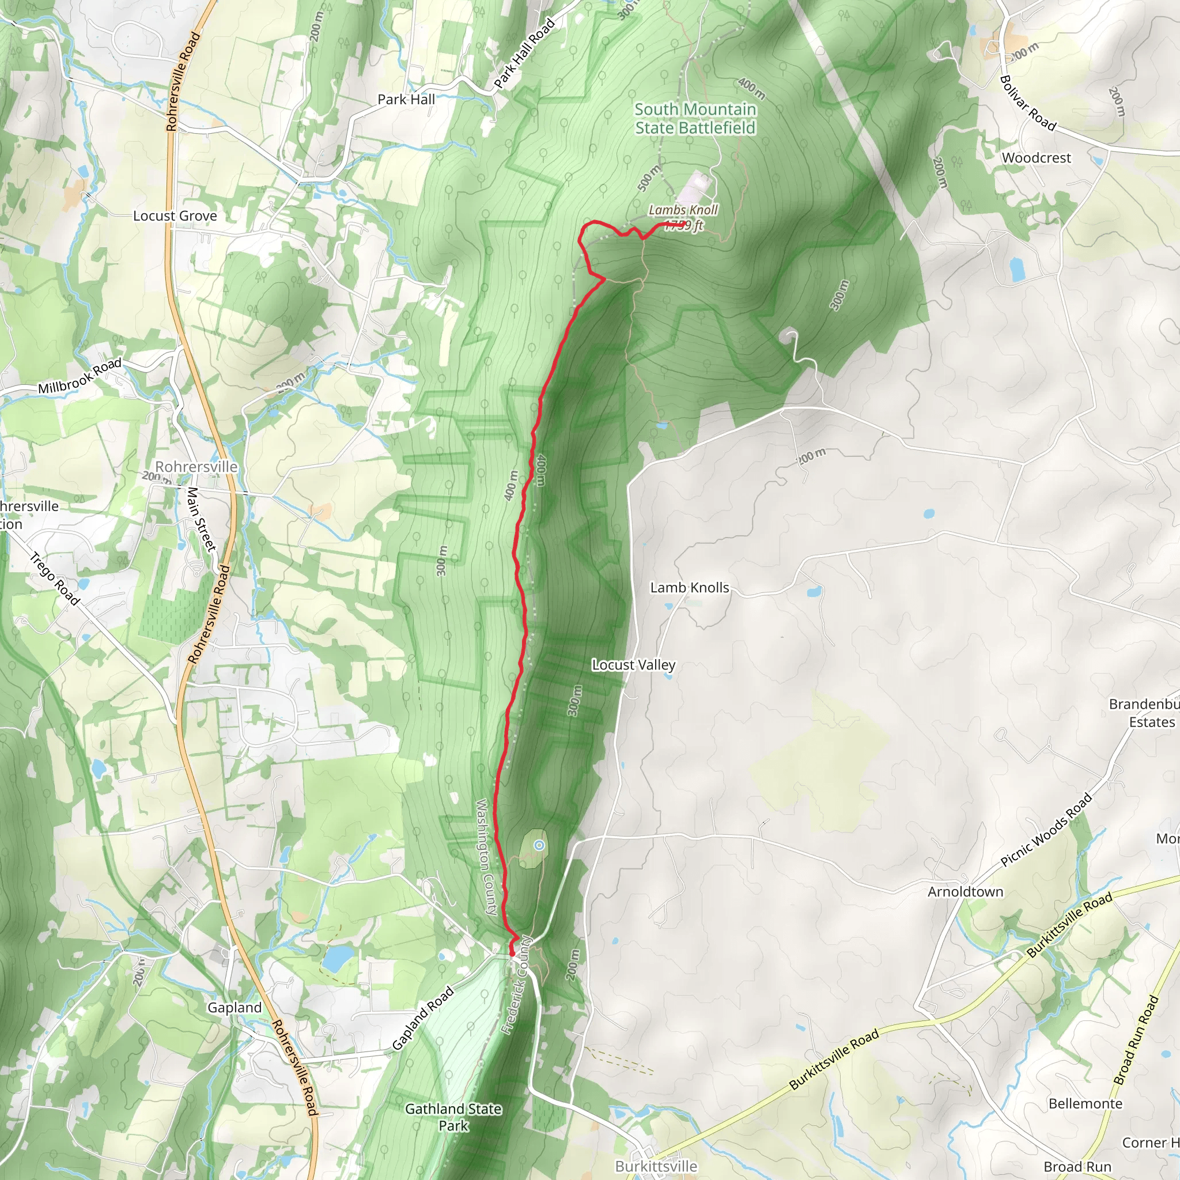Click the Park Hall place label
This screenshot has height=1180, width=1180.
coord(406,99)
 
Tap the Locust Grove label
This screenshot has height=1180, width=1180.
coord(175,215)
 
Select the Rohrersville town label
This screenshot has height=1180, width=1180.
coord(196,467)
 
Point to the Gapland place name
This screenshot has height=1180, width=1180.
coord(235,1007)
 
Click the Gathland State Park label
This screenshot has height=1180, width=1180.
coord(453,1117)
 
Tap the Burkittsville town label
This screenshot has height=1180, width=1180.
coord(656,1166)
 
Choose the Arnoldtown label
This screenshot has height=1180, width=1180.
coord(965,892)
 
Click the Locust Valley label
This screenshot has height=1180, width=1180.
coord(633,664)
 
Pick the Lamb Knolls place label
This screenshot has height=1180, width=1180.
coord(689,588)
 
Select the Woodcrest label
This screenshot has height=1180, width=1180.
coord(1036,157)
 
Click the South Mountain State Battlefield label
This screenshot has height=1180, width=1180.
coord(695,119)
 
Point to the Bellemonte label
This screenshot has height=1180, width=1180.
coord(1086,1103)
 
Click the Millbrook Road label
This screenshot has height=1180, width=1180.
coord(80,376)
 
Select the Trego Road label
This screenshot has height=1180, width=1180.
coord(55,578)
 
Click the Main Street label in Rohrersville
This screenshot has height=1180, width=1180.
coord(202,519)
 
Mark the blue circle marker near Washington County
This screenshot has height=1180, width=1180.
coord(539,845)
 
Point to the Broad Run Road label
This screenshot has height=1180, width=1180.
coord(1136,1040)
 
